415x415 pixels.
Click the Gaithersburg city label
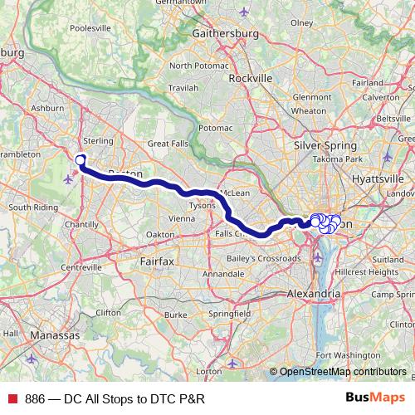[x=226, y=34]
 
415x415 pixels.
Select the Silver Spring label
[x=319, y=144]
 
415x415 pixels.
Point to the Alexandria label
[x=313, y=294]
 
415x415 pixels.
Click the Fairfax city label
[x=157, y=261]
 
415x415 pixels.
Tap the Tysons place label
[x=203, y=204]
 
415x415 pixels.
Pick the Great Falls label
[x=168, y=144]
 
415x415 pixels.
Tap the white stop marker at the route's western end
[x=81, y=160]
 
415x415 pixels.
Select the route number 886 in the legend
[x=35, y=398]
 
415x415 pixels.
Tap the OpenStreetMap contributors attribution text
[x=343, y=372]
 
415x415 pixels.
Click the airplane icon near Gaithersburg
[x=243, y=12]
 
